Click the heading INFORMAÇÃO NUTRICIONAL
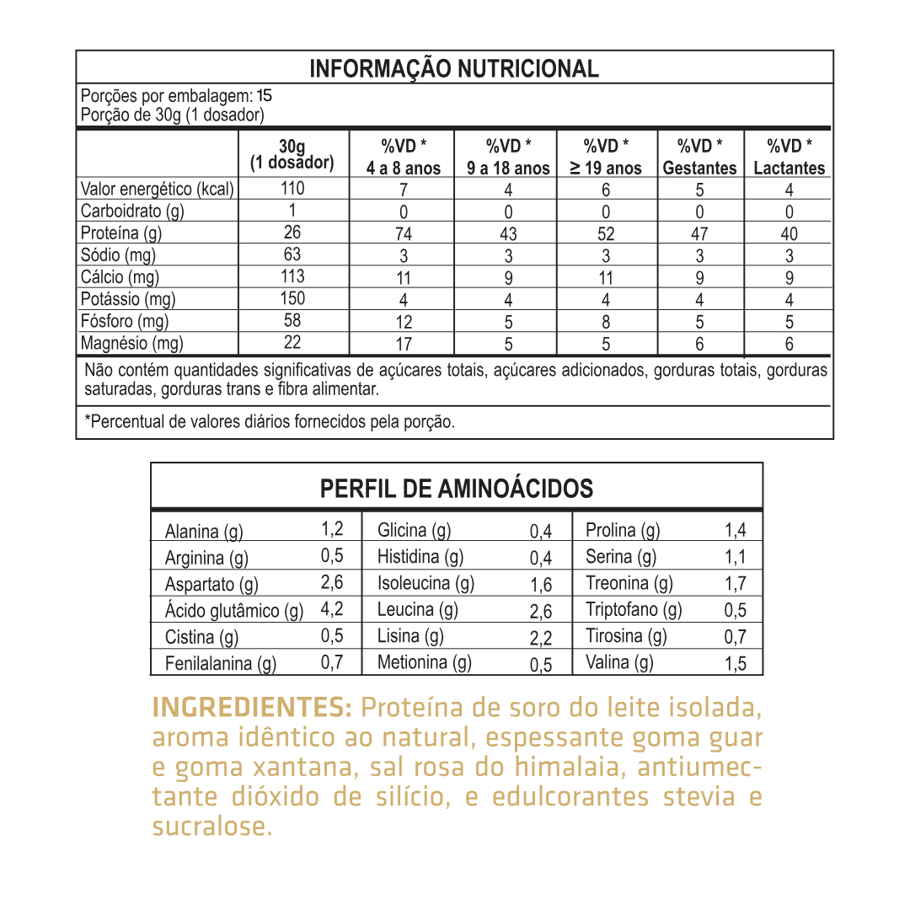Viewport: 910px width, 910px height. pyautogui.click(x=454, y=68)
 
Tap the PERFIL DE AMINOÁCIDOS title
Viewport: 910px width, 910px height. pyautogui.click(x=457, y=488)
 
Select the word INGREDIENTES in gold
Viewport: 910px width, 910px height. pyautogui.click(x=252, y=707)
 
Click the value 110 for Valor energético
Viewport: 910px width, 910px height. pyautogui.click(x=292, y=189)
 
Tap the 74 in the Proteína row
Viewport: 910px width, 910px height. pyautogui.click(x=404, y=234)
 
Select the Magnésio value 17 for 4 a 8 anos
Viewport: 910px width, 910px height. pyautogui.click(x=404, y=344)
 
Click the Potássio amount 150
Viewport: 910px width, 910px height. pyautogui.click(x=292, y=298)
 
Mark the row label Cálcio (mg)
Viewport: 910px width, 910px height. pyautogui.click(x=120, y=277)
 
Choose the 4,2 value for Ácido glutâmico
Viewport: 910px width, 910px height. pyautogui.click(x=332, y=609)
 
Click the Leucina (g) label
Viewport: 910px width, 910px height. pyautogui.click(x=417, y=609)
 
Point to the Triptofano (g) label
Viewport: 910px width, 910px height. pyautogui.click(x=634, y=609)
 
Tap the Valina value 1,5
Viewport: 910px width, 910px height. pyautogui.click(x=736, y=664)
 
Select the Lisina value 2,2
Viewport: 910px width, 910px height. pyautogui.click(x=541, y=638)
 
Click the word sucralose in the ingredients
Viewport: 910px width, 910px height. pyautogui.click(x=212, y=827)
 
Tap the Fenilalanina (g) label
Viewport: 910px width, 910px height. pyautogui.click(x=221, y=664)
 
